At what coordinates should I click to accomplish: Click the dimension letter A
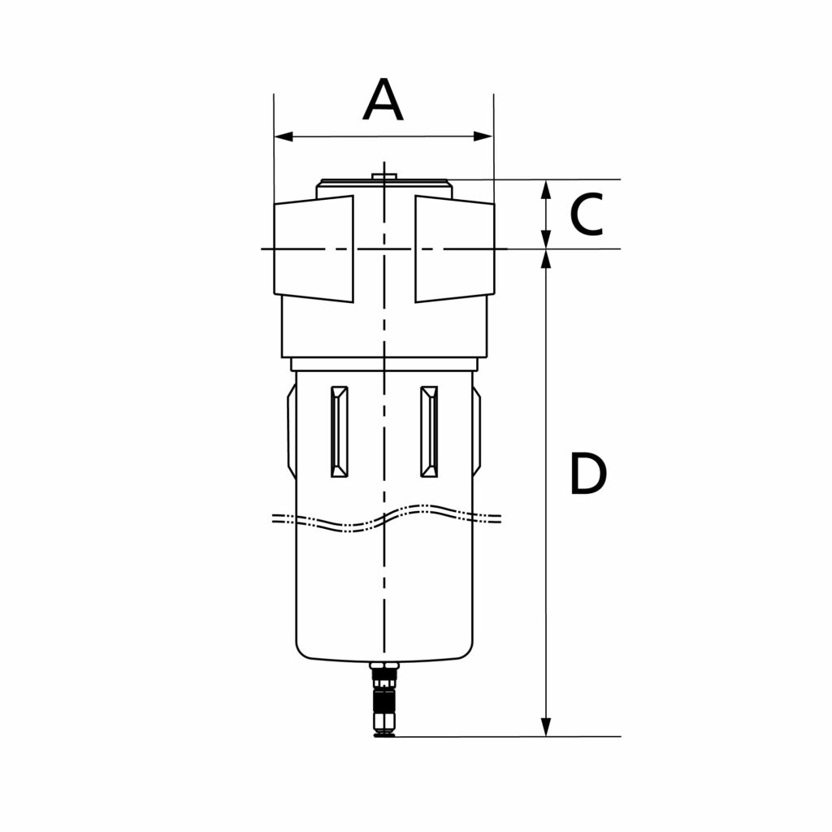[383, 100]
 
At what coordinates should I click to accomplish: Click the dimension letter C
[586, 214]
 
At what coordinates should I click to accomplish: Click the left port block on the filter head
[314, 248]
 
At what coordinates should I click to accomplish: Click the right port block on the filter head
[454, 248]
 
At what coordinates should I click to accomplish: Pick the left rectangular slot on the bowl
[339, 431]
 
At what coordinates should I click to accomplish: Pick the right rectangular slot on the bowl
[428, 431]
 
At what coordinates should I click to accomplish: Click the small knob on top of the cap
[382, 175]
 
